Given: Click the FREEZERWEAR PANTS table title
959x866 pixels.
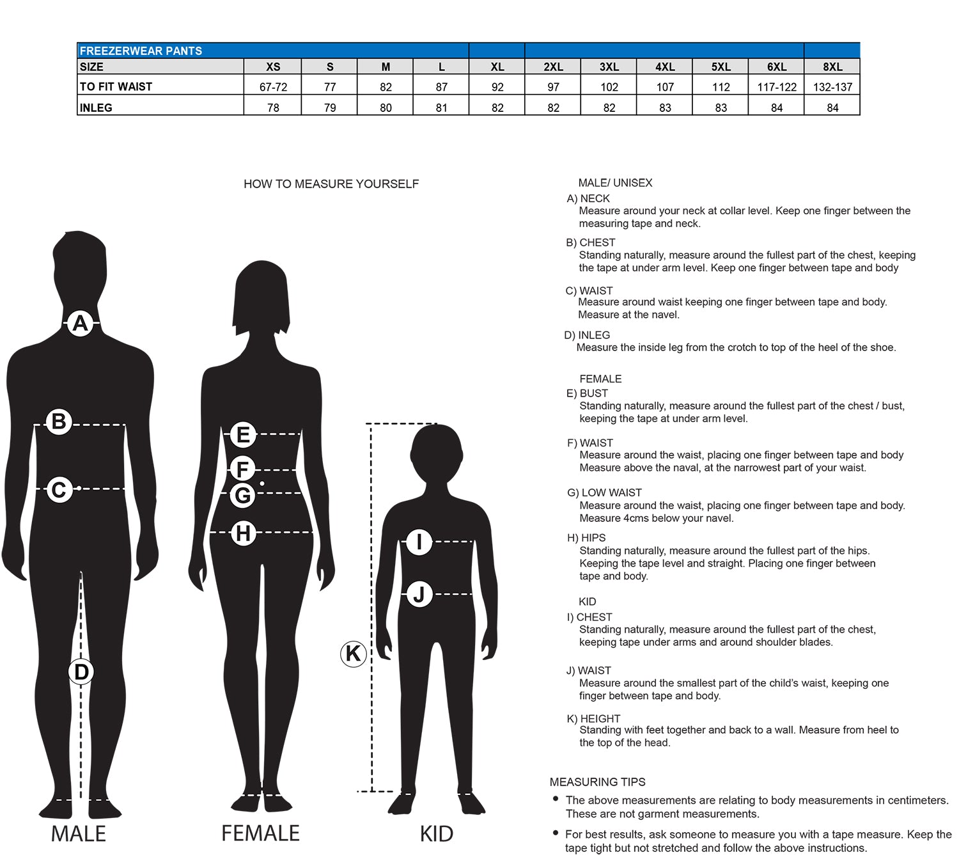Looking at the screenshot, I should point(141,51).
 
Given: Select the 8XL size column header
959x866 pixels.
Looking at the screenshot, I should point(832,67).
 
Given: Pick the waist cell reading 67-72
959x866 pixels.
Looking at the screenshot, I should point(273,87).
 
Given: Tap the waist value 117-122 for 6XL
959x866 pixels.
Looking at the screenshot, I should point(777,87).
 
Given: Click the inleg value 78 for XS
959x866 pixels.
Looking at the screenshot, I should point(273,107).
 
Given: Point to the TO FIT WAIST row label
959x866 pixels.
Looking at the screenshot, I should point(116,86).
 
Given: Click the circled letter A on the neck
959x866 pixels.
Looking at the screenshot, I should point(80,323).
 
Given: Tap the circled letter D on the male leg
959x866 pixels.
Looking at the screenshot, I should point(81,672).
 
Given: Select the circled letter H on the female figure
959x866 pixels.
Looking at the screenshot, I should point(243,533).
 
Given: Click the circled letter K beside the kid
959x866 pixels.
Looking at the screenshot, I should point(353,654).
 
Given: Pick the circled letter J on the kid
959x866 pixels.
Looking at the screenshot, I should point(419,594).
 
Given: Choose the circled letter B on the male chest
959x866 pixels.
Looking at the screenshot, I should point(59,421).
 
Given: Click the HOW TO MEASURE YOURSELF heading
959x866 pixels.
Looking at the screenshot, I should point(331,184).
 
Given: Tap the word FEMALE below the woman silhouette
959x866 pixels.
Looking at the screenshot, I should point(260,833).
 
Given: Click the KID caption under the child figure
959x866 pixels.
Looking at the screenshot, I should point(437,834).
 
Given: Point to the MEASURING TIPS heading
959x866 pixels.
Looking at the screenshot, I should point(598,782).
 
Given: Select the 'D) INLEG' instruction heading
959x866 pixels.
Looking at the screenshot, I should point(587,335).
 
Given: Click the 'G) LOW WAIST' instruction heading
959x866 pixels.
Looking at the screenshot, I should point(604,492).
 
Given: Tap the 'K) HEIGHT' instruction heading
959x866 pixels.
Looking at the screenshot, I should point(593,719).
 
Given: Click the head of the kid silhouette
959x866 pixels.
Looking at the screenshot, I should point(436,451).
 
